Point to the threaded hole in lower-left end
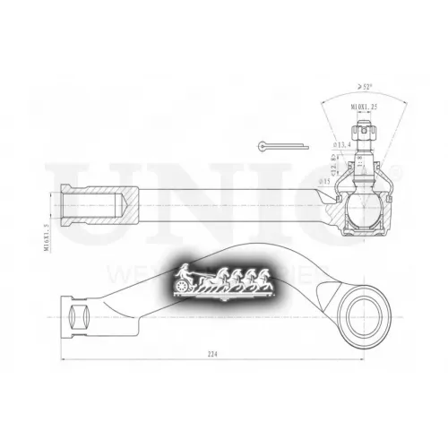(x=76, y=314)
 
